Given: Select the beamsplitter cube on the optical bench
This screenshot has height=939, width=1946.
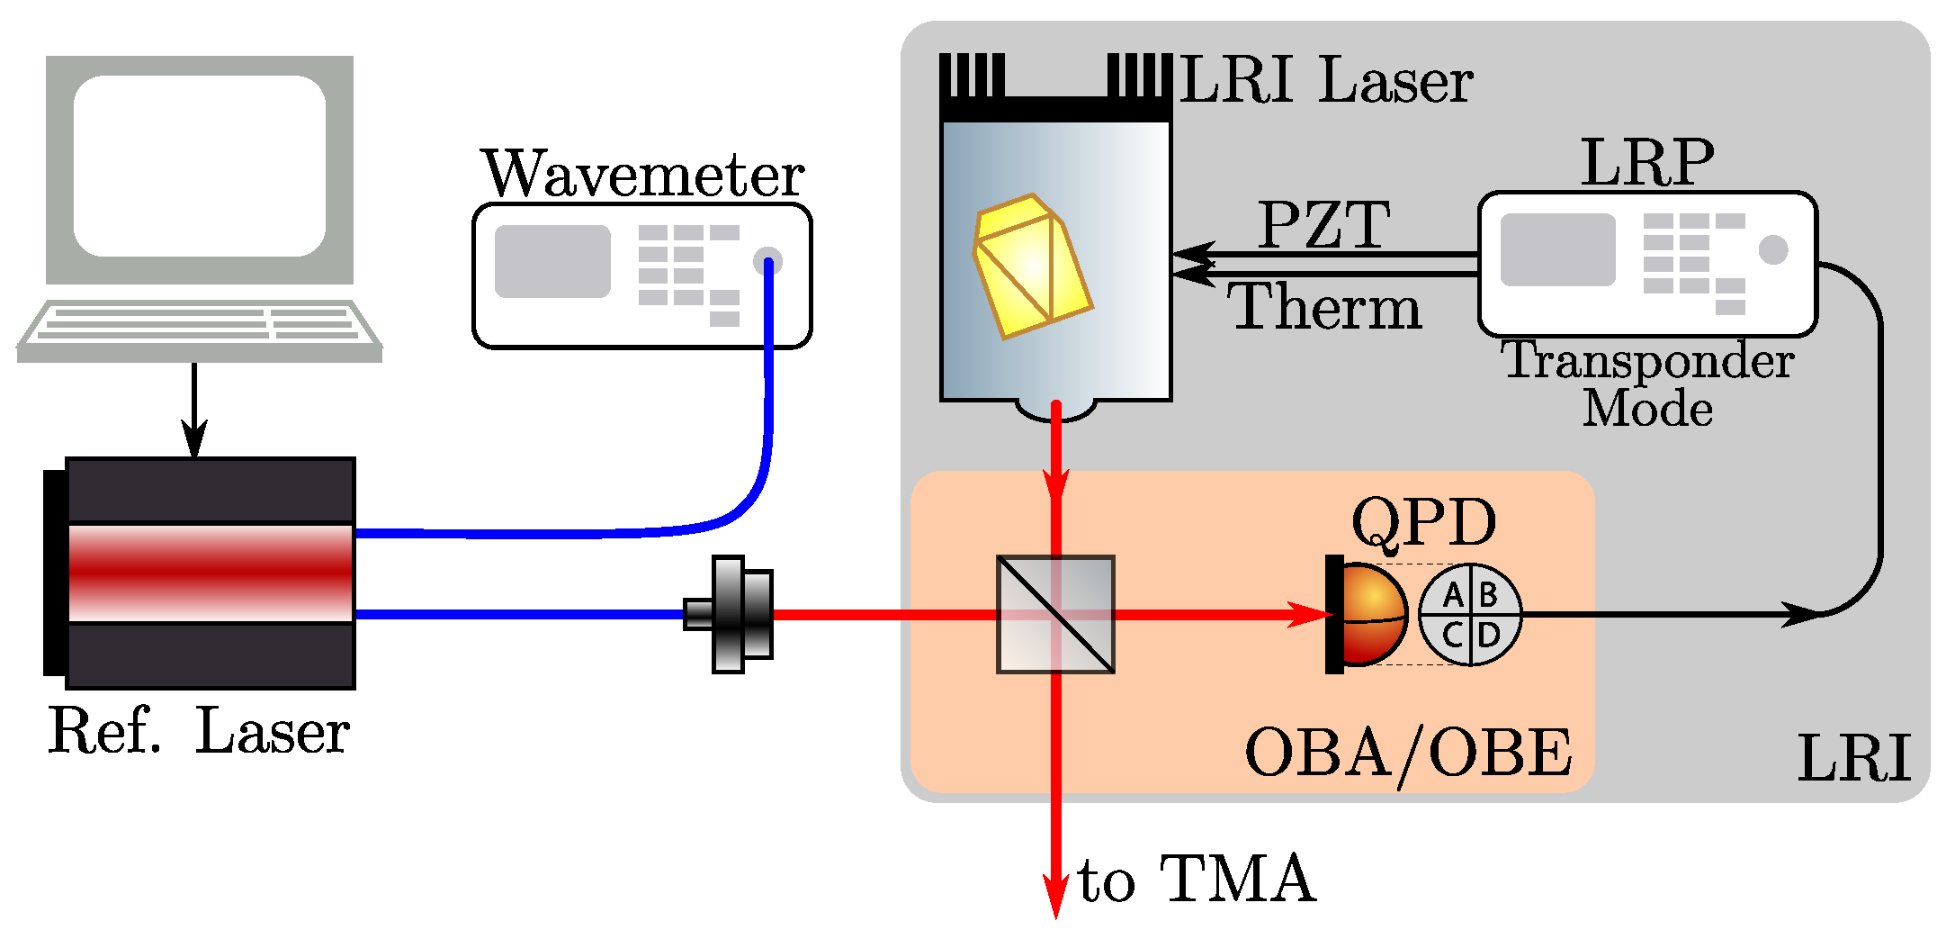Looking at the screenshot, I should click(x=1055, y=614).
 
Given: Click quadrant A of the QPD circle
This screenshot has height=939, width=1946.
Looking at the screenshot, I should click(x=1451, y=595).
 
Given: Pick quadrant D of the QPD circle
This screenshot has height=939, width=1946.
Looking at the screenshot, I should click(x=1489, y=635).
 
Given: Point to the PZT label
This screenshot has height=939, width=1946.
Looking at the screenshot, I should click(x=1323, y=224).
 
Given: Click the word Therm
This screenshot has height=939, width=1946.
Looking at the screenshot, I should click(x=1323, y=307).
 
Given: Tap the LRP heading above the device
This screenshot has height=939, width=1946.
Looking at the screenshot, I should click(x=1647, y=163).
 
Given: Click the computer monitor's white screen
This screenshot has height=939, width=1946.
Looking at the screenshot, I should click(x=199, y=167).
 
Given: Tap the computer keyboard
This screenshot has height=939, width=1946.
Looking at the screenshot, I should click(x=199, y=326).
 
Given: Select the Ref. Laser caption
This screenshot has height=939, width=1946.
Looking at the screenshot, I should click(x=199, y=731).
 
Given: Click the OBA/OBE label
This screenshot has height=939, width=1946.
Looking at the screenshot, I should click(x=1408, y=754).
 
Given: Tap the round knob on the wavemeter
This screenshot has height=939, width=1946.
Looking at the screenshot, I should click(x=767, y=261).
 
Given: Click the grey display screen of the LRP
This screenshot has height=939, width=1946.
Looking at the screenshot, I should click(x=1557, y=249).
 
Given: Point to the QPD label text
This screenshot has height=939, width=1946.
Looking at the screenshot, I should click(x=1423, y=522).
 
